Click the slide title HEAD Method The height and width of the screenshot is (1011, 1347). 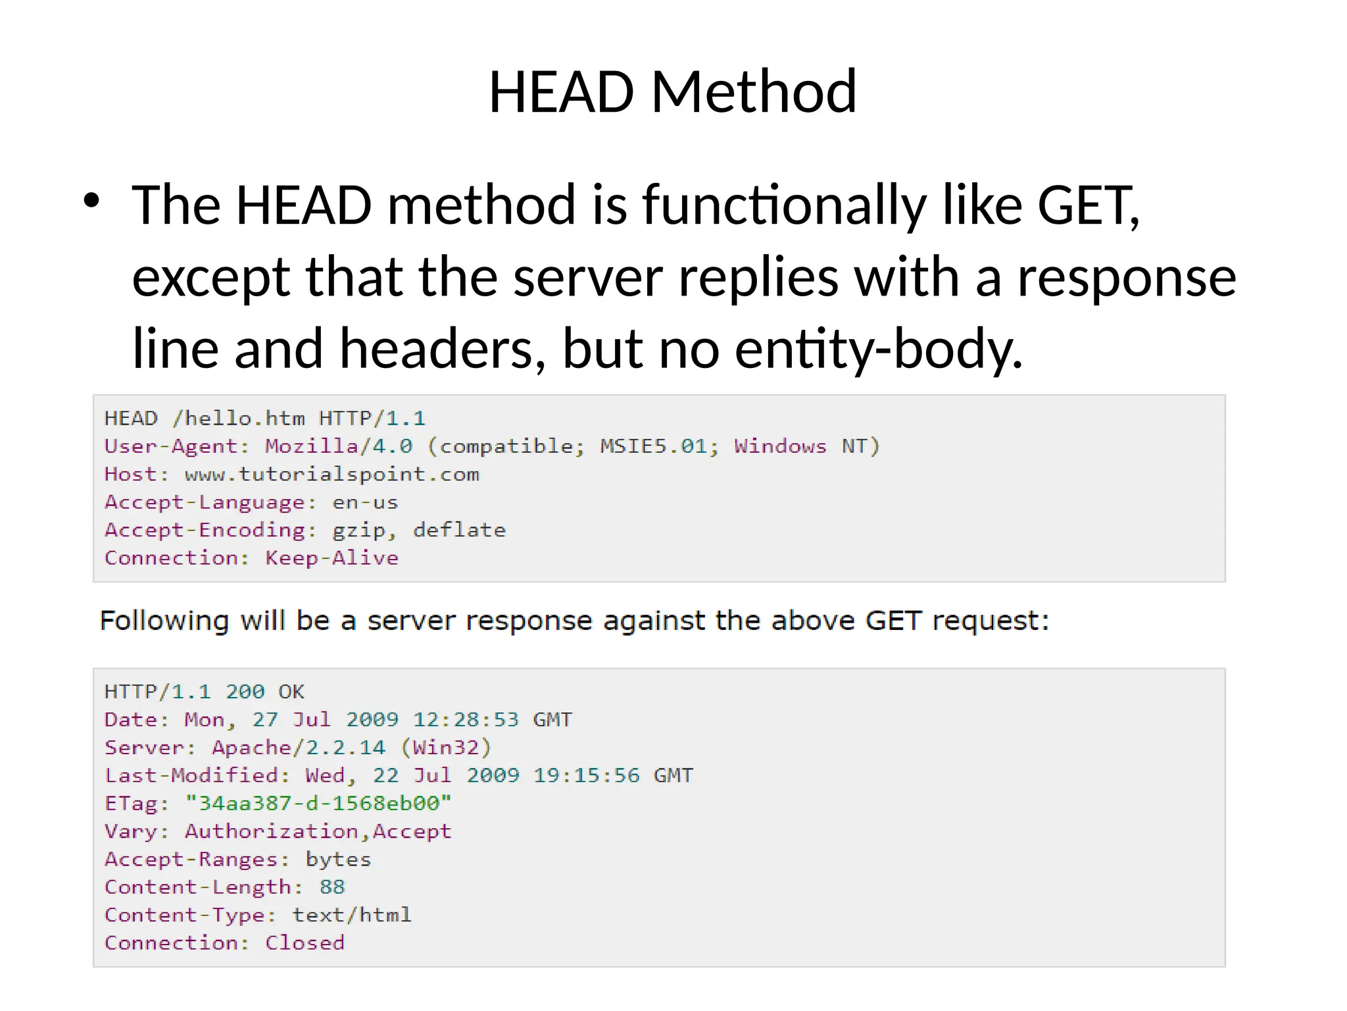coord(672,92)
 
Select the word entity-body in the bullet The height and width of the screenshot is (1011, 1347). coord(879,349)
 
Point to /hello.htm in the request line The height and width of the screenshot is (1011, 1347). coord(238,419)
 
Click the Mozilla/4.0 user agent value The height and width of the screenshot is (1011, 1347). coord(339,446)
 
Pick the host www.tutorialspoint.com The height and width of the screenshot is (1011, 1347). coord(332,475)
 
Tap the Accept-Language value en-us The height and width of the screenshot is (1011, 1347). coord(365,503)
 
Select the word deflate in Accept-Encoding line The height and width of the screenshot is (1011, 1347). coord(459,531)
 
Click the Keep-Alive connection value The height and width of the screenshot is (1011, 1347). coord(332,558)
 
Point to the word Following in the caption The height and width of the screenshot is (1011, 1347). coord(164,621)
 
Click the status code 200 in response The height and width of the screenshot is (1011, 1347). coord(245,692)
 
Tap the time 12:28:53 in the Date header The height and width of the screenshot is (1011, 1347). coord(466,719)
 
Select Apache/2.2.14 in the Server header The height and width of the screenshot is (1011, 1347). coord(299,748)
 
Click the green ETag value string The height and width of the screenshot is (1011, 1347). coord(318,804)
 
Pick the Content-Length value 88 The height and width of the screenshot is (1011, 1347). coord(332,887)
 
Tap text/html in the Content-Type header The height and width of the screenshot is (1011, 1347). coord(352,915)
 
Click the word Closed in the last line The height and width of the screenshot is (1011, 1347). coord(305,943)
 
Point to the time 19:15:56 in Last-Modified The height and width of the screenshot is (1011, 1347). coord(586,775)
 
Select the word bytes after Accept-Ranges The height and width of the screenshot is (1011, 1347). coord(338,860)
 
